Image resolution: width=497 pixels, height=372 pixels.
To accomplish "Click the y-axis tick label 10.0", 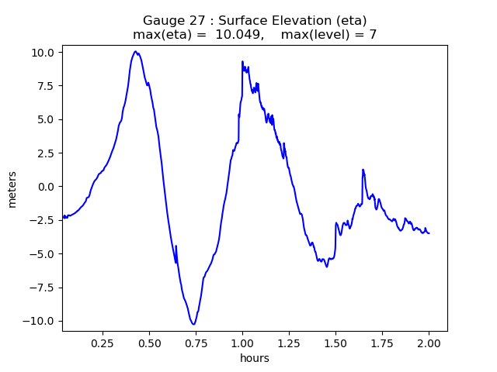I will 43,52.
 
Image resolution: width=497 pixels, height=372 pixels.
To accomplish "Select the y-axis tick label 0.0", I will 45,187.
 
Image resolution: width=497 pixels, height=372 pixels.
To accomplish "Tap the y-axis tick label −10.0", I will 40,321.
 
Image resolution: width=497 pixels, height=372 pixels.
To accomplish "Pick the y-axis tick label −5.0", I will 43,254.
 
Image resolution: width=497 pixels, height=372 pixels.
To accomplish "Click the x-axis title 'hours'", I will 255,358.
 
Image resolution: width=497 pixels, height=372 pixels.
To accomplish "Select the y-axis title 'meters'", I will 12,188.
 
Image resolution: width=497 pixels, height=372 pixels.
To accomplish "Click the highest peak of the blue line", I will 135,51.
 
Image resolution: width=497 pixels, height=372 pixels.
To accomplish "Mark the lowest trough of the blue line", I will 193,324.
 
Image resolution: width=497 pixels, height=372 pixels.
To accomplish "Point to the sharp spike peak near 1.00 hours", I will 242,61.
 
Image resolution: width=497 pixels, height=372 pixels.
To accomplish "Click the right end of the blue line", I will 429,233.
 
